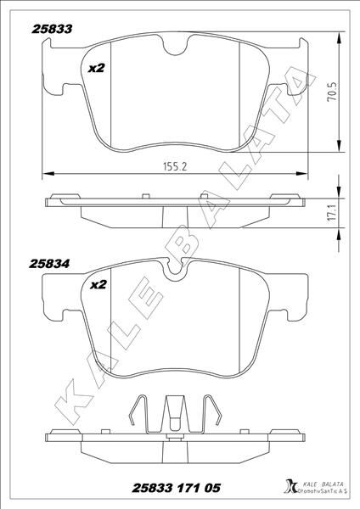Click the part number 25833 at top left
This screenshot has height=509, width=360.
tap(51, 28)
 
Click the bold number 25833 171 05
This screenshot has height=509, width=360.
tap(177, 487)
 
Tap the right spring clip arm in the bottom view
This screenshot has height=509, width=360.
tap(212, 415)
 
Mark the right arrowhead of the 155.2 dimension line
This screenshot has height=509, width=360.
tap(304, 175)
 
